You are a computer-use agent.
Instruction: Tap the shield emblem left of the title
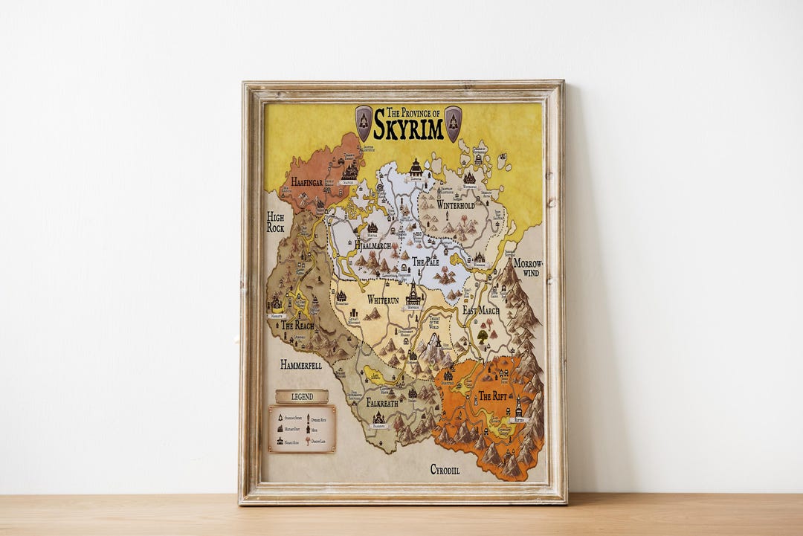point(364,123)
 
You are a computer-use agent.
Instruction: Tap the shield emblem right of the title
point(453,123)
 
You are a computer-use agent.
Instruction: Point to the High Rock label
point(276,222)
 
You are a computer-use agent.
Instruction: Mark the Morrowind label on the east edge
point(528,268)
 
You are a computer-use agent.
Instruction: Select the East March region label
point(480,310)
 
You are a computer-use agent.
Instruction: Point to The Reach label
point(297,326)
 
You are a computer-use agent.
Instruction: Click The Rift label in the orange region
point(492,395)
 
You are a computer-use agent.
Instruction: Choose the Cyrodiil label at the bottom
point(445,469)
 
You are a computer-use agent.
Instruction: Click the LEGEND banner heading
point(302,396)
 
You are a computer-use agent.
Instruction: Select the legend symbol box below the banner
point(302,429)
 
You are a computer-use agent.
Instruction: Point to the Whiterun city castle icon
point(413,293)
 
